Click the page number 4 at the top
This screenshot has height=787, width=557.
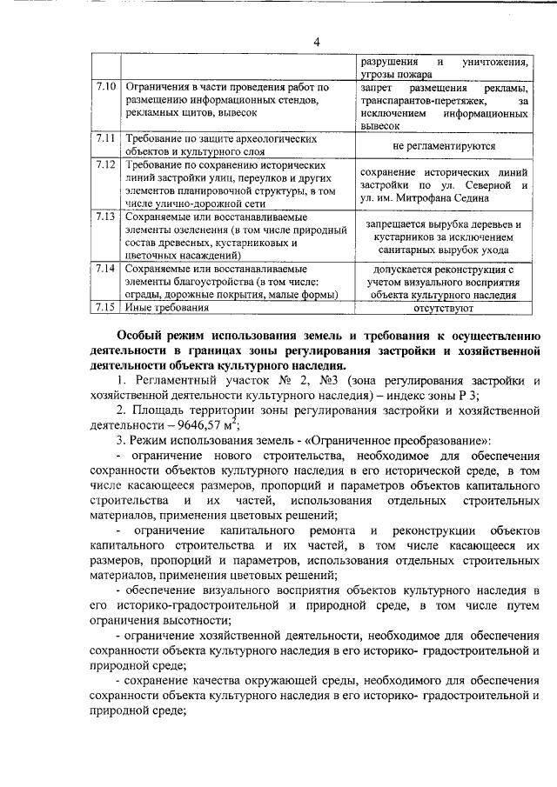(318, 42)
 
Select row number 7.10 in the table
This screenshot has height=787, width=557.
(105, 88)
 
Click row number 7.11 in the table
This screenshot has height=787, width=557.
(105, 138)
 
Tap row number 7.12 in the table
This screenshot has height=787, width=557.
(105, 164)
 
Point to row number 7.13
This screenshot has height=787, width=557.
(105, 216)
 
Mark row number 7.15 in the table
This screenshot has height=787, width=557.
(105, 308)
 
